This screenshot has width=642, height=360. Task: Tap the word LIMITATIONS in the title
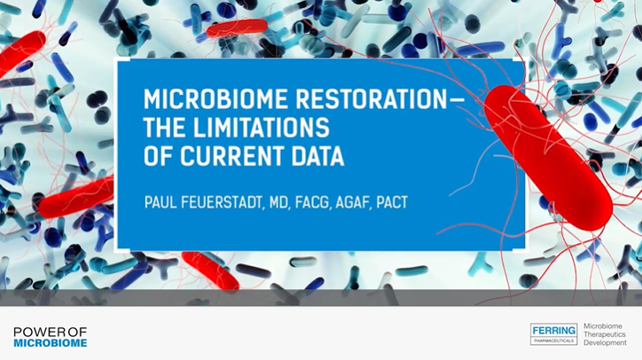pyautogui.click(x=262, y=128)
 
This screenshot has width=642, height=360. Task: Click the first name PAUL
pyautogui.click(x=160, y=202)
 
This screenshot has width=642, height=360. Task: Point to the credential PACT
pyautogui.click(x=392, y=202)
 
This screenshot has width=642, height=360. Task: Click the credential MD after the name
pyautogui.click(x=279, y=202)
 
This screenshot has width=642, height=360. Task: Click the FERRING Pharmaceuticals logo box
pyautogui.click(x=553, y=333)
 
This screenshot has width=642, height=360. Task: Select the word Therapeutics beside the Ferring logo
pyautogui.click(x=605, y=334)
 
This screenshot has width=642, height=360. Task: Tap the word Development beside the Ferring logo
pyautogui.click(x=605, y=342)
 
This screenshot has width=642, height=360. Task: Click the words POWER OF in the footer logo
pyautogui.click(x=51, y=332)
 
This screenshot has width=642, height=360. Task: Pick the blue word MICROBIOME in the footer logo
pyautogui.click(x=51, y=343)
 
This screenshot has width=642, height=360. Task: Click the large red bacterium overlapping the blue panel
pyautogui.click(x=548, y=158)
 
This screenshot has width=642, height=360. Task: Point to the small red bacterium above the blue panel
pyautogui.click(x=237, y=28)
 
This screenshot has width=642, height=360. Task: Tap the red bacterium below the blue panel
pyautogui.click(x=210, y=270)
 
